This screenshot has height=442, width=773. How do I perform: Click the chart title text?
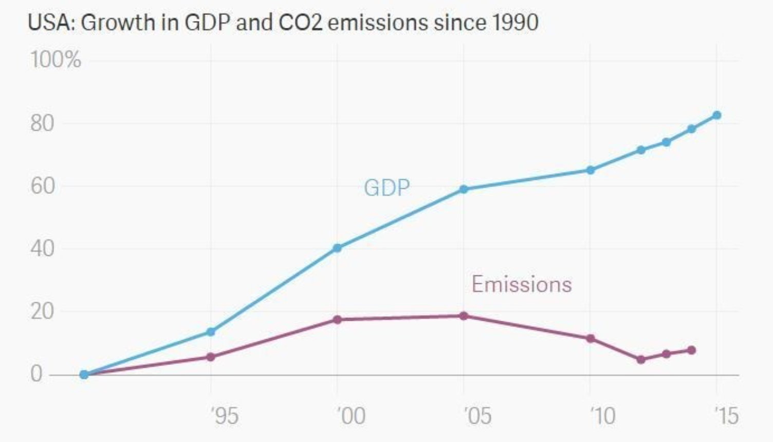(x=283, y=23)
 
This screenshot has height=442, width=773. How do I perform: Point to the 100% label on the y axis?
(x=56, y=60)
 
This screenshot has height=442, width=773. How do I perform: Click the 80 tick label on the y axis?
(x=42, y=123)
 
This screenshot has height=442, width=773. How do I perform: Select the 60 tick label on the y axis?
(x=42, y=186)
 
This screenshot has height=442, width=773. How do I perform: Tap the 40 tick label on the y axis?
(x=42, y=249)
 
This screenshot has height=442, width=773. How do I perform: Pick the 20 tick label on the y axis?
(x=42, y=311)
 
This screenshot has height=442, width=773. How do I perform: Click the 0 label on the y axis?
(x=36, y=374)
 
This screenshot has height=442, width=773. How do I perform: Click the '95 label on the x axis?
(x=225, y=415)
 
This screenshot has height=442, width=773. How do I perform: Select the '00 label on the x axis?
(x=352, y=415)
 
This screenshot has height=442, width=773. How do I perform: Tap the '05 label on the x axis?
(x=478, y=415)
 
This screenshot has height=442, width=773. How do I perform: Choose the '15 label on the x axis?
(x=726, y=415)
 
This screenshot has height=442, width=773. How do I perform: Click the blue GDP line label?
(x=387, y=188)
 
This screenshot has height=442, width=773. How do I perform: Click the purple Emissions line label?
(x=522, y=284)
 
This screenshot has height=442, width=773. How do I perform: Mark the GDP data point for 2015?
(x=716, y=115)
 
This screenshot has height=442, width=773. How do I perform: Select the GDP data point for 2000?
(x=337, y=248)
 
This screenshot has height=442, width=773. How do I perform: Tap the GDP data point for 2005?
(x=464, y=189)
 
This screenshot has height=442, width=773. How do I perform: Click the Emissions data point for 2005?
(x=464, y=316)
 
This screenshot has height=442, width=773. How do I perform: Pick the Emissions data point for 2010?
(x=591, y=339)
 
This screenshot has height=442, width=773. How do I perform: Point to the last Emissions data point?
(x=691, y=350)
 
